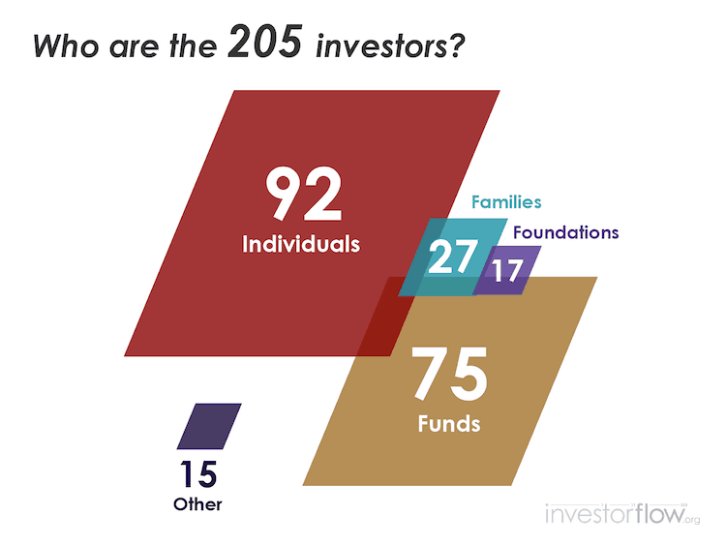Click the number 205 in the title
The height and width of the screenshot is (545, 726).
[x=265, y=42]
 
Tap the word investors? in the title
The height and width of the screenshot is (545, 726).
[x=390, y=46]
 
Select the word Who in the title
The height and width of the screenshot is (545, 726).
[x=66, y=46]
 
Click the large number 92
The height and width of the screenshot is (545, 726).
[x=304, y=194]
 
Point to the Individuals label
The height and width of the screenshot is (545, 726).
[x=301, y=244]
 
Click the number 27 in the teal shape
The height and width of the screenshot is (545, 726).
[x=453, y=257]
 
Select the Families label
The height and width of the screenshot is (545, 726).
[x=506, y=202]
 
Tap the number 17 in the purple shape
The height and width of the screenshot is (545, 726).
[x=507, y=270]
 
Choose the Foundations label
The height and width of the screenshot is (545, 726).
[x=566, y=232]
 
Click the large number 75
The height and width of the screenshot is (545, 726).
[x=449, y=374]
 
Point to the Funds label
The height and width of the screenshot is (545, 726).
[x=449, y=423]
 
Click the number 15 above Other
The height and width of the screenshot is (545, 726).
[x=198, y=474]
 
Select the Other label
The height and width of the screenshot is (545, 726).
[x=197, y=504]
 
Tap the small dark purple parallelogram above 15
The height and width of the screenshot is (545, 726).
[x=209, y=427]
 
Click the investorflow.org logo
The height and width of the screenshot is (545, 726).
[x=622, y=513]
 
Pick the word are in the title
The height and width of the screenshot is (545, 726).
[x=134, y=47]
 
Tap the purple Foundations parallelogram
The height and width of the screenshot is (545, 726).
[x=507, y=270]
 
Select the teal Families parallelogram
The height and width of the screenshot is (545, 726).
[x=453, y=257]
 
